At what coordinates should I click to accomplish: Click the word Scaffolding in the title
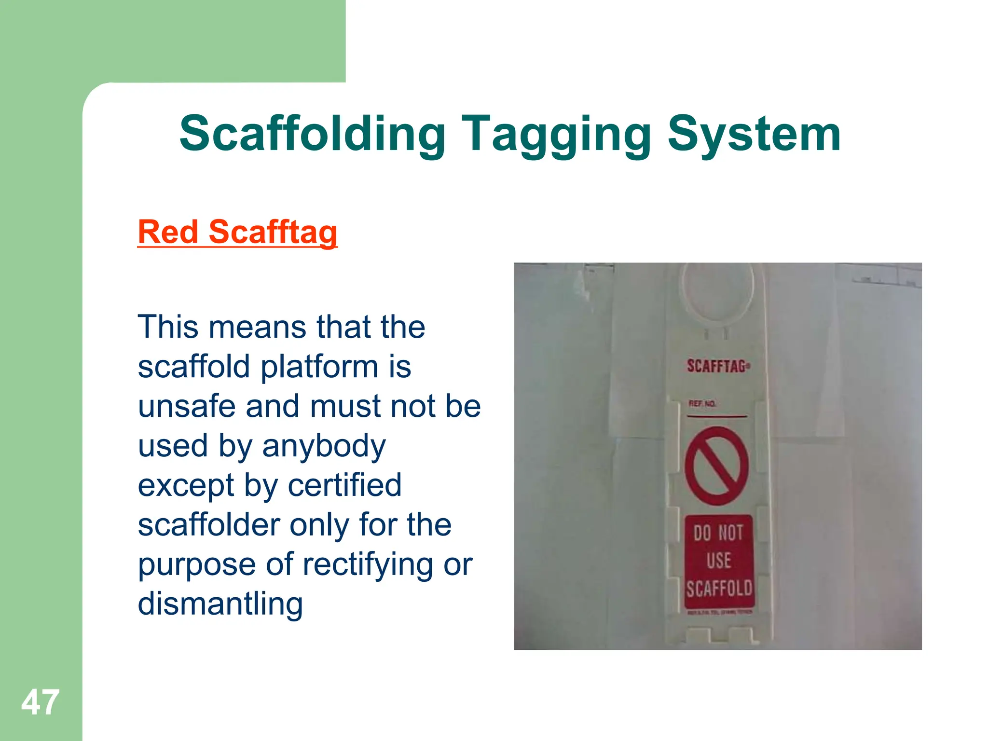pyautogui.click(x=312, y=134)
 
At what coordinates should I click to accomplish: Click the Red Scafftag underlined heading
pyautogui.click(x=237, y=232)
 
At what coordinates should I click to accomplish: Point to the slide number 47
pyautogui.click(x=40, y=702)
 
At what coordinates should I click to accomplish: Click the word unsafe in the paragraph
pyautogui.click(x=187, y=406)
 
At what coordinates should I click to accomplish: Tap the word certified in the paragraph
pyautogui.click(x=344, y=485)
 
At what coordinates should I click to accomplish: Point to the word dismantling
pyautogui.click(x=220, y=604)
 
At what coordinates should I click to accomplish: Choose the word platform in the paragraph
pyautogui.click(x=319, y=367)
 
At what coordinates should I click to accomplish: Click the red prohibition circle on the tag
pyautogui.click(x=717, y=466)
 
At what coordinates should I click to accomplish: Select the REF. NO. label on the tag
pyautogui.click(x=702, y=403)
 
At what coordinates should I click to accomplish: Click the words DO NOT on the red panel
pyautogui.click(x=718, y=533)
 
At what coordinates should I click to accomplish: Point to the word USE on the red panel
pyautogui.click(x=719, y=561)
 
